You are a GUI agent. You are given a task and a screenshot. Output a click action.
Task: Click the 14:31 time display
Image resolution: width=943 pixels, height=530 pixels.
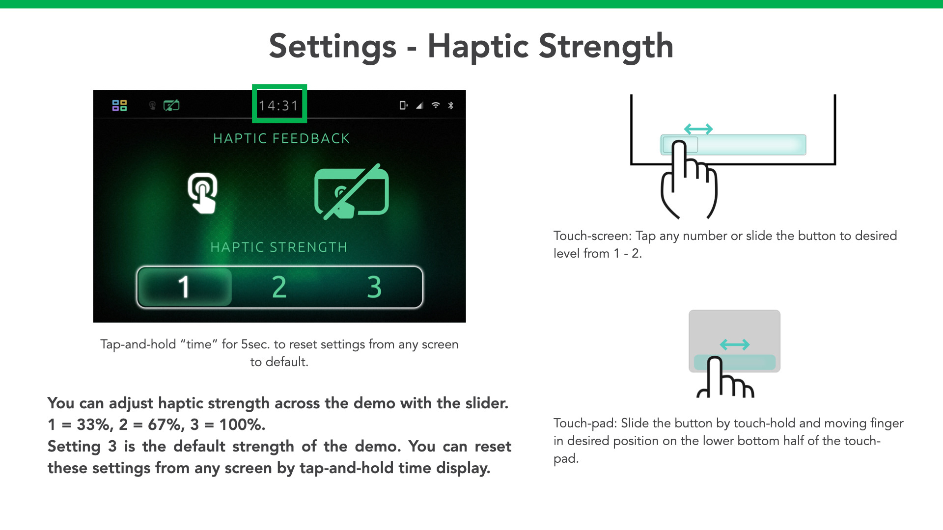[278, 106]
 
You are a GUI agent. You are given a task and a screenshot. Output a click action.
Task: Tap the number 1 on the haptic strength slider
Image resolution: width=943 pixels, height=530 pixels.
[184, 287]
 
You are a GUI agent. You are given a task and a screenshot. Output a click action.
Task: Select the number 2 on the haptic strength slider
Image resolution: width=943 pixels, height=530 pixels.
[279, 287]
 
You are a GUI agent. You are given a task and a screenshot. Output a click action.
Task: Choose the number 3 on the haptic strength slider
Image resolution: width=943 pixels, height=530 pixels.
[374, 287]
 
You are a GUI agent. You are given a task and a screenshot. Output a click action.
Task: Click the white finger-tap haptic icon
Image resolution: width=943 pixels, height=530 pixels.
[203, 193]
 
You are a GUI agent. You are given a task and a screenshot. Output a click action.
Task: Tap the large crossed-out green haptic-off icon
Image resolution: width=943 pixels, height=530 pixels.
[352, 192]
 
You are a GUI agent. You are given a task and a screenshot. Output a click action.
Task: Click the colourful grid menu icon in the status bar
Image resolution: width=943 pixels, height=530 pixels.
[119, 106]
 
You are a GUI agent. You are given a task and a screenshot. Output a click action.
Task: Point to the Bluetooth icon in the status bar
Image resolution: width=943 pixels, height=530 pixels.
[451, 106]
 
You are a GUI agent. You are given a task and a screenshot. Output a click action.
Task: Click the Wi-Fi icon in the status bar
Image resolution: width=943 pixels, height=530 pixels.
[436, 105]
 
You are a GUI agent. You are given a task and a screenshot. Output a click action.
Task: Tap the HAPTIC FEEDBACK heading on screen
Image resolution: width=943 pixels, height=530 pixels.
[281, 139]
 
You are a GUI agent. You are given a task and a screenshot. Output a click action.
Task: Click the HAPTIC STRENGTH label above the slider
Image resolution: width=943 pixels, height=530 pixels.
[279, 247]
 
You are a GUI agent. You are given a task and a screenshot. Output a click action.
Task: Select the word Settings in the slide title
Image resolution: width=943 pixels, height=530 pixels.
[333, 47]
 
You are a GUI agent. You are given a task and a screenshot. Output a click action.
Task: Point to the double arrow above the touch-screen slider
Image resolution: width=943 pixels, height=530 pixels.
[698, 129]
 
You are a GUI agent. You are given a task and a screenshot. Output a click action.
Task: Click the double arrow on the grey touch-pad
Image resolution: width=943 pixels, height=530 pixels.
[735, 344]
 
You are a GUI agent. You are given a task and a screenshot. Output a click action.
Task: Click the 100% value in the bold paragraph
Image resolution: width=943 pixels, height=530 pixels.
[242, 424]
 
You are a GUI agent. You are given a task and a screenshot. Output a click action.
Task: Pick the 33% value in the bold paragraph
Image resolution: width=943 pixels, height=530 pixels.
[95, 424]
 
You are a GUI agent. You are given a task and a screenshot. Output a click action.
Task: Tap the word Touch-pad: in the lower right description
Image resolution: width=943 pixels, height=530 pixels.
[585, 424]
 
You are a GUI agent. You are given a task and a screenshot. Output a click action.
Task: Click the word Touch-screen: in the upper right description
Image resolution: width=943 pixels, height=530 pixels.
[592, 236]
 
